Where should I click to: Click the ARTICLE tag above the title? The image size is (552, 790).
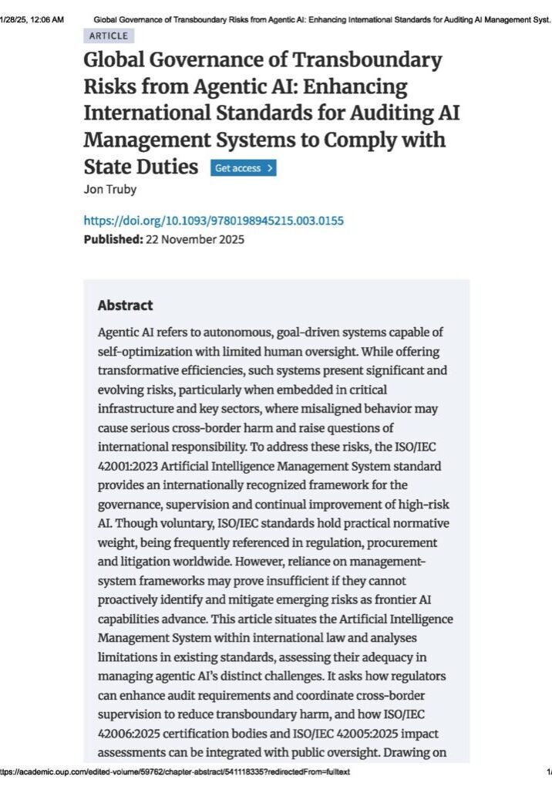[x=108, y=35]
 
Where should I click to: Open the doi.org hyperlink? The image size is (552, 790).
[x=214, y=221]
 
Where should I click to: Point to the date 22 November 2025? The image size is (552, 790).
[x=196, y=239]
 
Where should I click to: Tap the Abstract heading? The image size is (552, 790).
[x=125, y=306]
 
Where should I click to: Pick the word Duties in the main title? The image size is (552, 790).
[x=168, y=167]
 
